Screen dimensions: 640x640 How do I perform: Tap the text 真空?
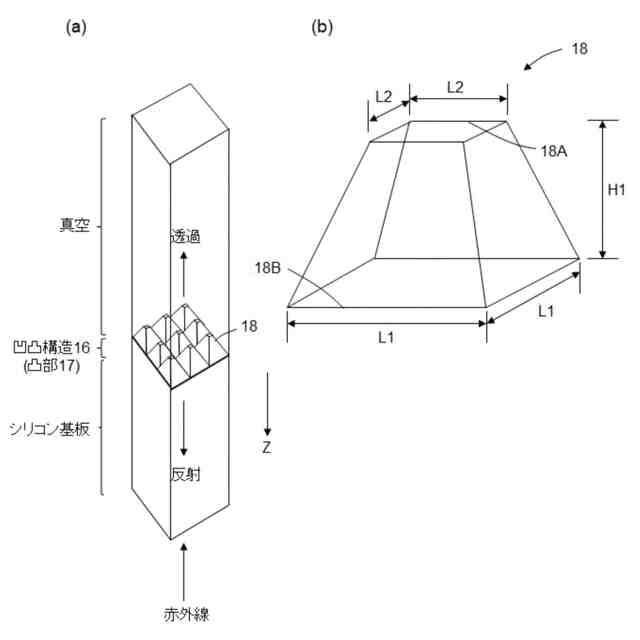(x=75, y=226)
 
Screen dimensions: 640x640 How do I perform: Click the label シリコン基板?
(x=63, y=428)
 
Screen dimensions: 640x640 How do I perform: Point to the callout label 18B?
(x=270, y=267)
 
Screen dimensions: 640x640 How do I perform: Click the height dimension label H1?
(x=616, y=190)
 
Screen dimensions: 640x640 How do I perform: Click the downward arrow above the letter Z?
(x=267, y=404)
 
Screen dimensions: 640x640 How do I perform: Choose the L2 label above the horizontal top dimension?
(x=455, y=87)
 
